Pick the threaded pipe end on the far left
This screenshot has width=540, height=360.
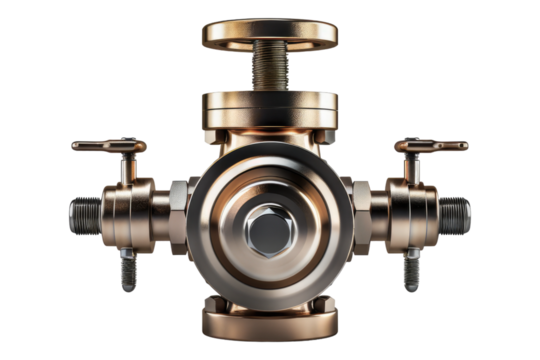(x=86, y=212)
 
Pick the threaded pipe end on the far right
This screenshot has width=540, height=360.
(x=455, y=212)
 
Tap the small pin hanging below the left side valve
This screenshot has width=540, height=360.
(x=128, y=268)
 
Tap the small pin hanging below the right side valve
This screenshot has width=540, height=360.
(x=411, y=268)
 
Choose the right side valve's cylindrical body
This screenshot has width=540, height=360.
(x=411, y=212)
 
